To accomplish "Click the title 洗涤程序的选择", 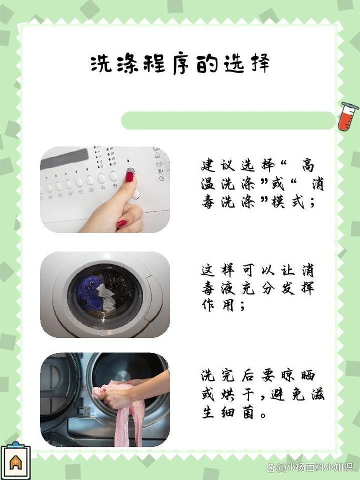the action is point(181,64).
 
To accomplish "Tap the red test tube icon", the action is point(348,116).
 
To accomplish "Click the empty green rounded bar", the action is point(228,121).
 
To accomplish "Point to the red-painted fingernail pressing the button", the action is point(129,177).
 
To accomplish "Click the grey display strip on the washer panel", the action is point(64,159).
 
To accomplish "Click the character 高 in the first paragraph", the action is point(308,166).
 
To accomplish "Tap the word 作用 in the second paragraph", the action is point(218,305).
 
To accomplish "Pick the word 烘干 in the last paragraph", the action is point(237,394).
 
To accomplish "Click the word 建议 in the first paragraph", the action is point(218,166).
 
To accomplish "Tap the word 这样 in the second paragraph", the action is point(218,269).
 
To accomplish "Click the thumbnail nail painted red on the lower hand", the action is point(122,224).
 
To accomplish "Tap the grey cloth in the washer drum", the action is point(106,297).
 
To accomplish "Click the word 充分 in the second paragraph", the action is point(257,288).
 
